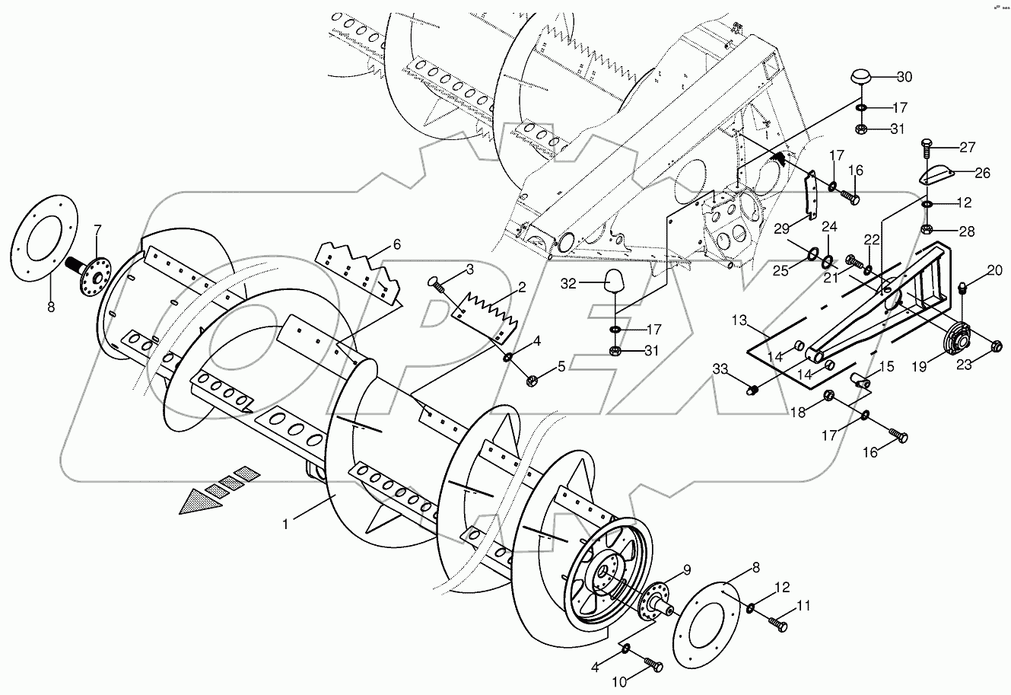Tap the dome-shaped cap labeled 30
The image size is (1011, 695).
861,78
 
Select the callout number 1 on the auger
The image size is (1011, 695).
286,524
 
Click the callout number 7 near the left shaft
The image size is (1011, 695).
97,229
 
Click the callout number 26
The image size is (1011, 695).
982,173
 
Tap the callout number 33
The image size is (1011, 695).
720,370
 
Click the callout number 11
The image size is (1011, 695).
804,607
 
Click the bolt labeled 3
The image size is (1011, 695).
437,285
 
